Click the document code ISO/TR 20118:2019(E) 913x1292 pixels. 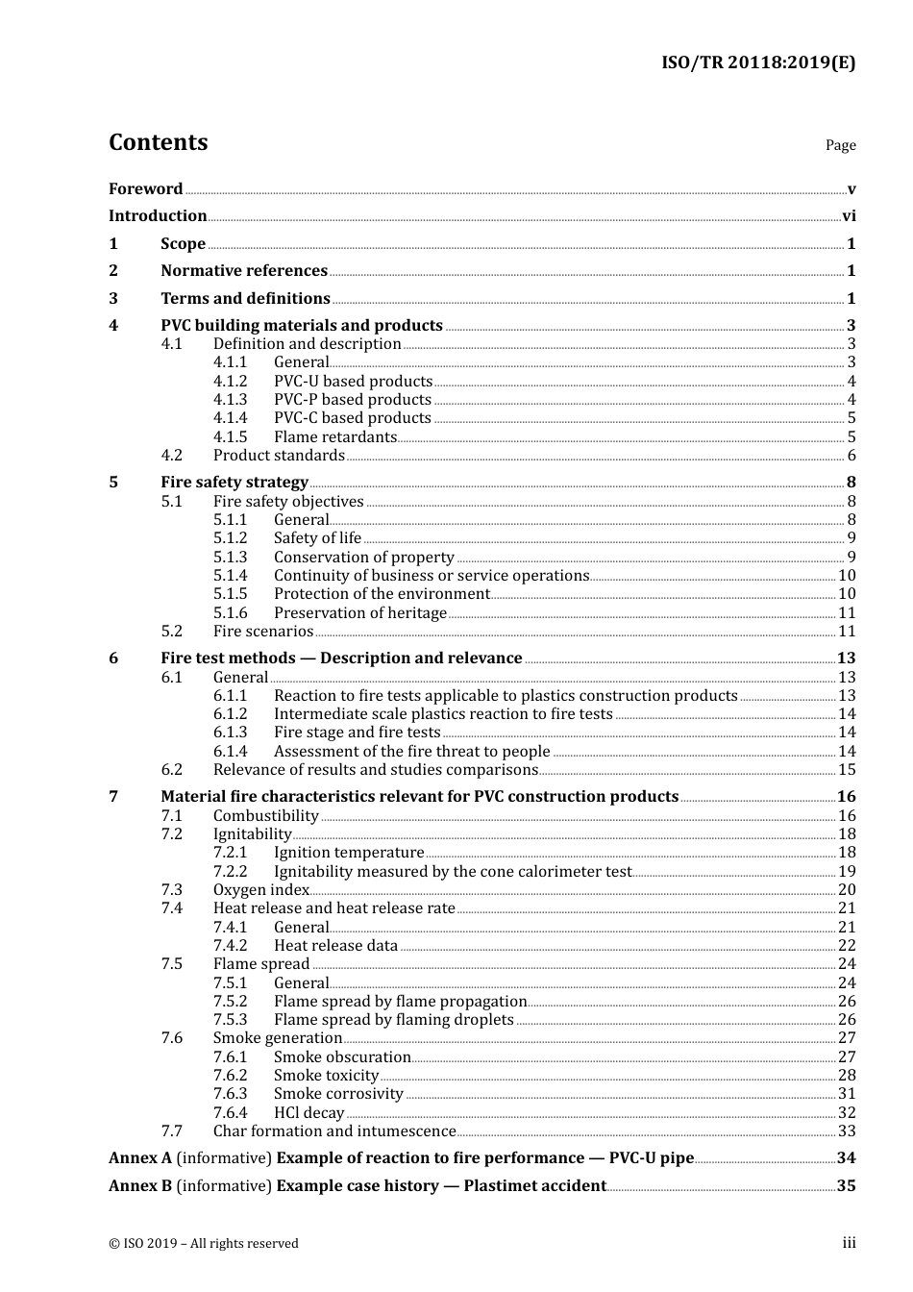coord(757,63)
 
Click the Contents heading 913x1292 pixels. coord(158,142)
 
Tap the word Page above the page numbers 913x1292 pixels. coord(840,145)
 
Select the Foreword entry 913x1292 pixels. coord(145,189)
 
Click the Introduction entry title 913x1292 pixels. coord(158,216)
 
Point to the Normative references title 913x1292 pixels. coord(244,271)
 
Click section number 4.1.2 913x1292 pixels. coord(230,382)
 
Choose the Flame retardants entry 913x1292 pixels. coord(334,437)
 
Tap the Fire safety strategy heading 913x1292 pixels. coord(234,483)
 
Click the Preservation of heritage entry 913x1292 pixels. coord(359,613)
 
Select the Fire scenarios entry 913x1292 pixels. coord(263,632)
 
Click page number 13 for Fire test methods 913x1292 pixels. coord(846,658)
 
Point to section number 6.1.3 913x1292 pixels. coord(230,733)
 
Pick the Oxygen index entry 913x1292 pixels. coord(260,890)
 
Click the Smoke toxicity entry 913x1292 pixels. coord(326,1076)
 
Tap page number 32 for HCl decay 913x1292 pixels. coord(846,1113)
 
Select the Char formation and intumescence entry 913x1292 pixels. coord(334,1131)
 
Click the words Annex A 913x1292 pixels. coord(140,1158)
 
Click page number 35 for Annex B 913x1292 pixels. coord(846,1186)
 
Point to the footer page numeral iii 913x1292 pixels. coord(849,1243)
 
